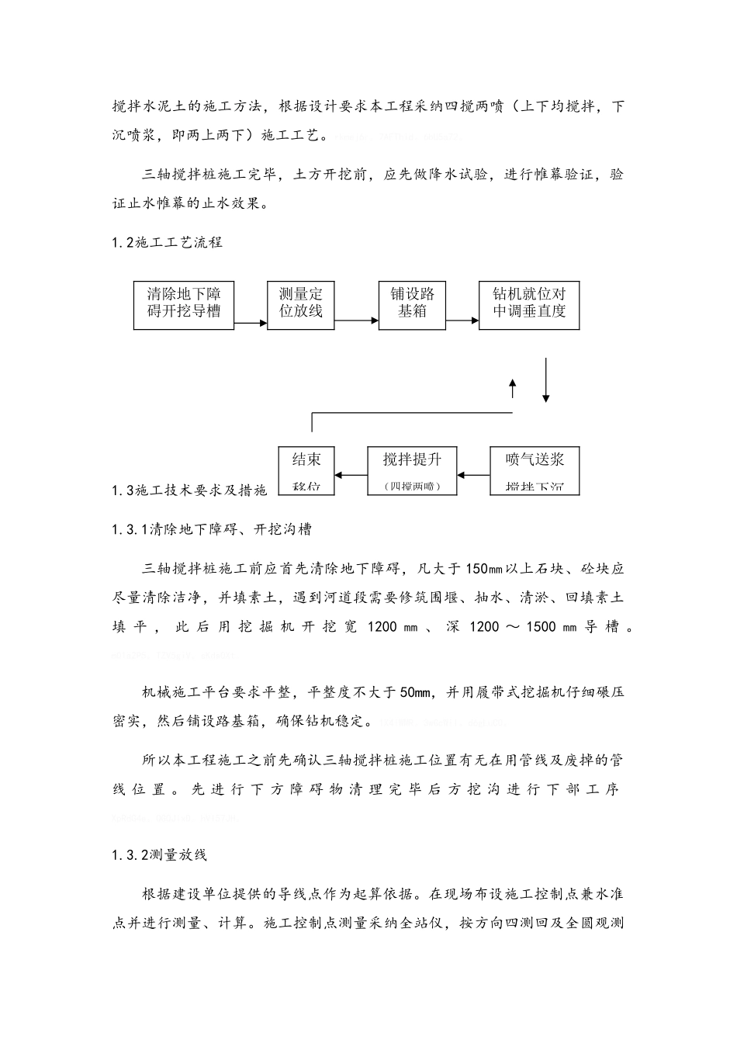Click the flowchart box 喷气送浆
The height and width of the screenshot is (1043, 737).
[x=535, y=470]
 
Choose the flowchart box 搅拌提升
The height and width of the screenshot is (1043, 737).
[x=412, y=470]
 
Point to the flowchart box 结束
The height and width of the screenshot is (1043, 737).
[x=306, y=470]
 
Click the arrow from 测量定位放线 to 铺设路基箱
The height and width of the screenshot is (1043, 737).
[x=356, y=319]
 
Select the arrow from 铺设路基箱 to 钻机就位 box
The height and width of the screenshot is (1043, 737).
[x=462, y=319]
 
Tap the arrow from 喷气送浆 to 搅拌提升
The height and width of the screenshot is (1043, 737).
[x=474, y=474]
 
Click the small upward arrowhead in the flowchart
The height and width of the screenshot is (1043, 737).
[x=512, y=386]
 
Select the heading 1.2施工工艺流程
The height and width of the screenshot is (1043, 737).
[x=168, y=242]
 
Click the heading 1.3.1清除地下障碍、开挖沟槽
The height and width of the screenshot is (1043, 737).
[x=213, y=529]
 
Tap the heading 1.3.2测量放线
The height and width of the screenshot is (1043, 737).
[x=160, y=855]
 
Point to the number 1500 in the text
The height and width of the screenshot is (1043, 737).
[x=541, y=626]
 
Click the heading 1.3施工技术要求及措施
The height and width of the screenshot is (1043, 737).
[x=189, y=490]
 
